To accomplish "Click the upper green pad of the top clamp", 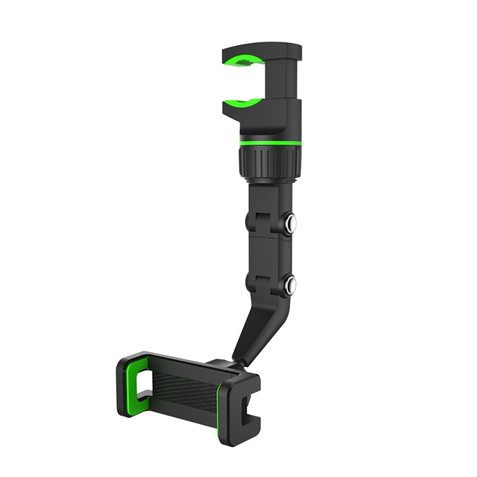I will (243, 62).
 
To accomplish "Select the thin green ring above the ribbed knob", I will (268, 143).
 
